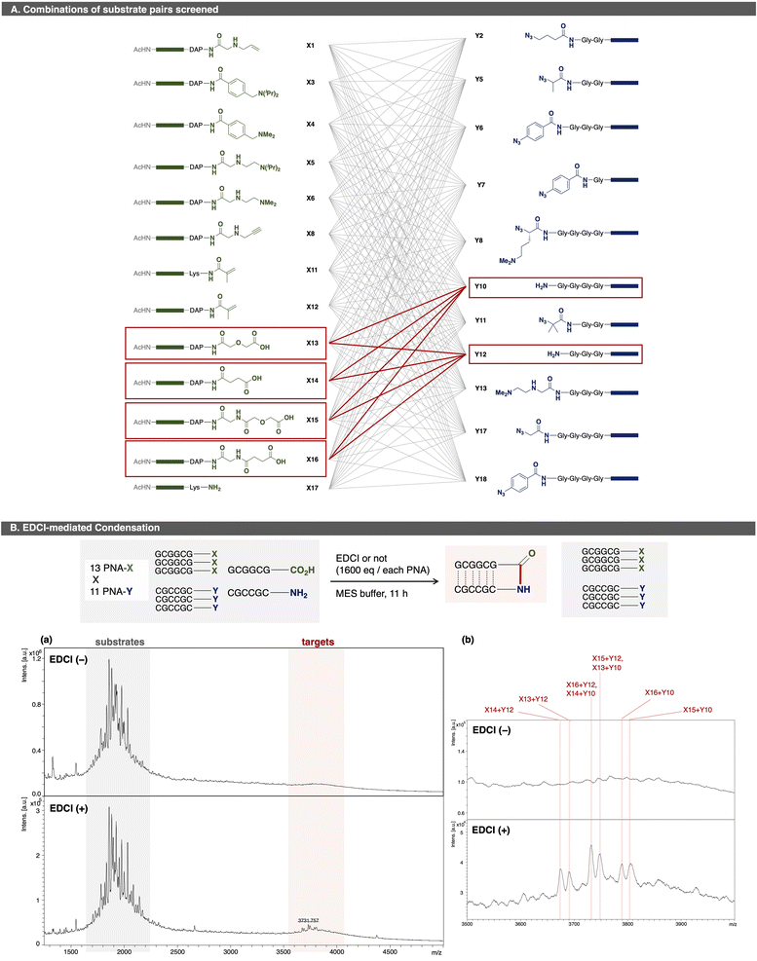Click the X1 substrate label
pos(310,46)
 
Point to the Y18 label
pos(479,480)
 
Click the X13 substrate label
pos(310,343)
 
